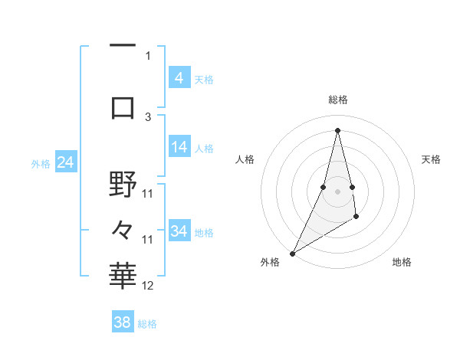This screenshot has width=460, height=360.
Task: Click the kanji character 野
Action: (123, 184)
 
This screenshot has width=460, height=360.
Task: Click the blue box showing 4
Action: (179, 77)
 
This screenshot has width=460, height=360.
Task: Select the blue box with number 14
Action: (179, 147)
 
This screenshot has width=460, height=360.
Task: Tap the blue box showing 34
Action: (179, 231)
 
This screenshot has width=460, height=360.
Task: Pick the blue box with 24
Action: (66, 162)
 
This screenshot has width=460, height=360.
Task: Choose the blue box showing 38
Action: (123, 322)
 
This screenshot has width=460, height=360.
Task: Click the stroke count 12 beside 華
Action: (148, 286)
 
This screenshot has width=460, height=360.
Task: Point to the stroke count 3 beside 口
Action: (148, 116)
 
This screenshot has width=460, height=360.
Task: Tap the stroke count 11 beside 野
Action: (148, 193)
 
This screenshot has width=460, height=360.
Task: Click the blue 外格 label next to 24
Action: (41, 163)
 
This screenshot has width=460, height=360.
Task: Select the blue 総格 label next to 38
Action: (147, 324)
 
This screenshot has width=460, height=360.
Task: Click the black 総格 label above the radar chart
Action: (337, 100)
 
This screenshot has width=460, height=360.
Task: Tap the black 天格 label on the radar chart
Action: (432, 159)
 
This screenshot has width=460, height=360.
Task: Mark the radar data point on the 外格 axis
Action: (292, 253)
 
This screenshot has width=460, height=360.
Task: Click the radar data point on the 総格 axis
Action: (337, 130)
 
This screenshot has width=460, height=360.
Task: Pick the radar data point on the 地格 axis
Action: (356, 218)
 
